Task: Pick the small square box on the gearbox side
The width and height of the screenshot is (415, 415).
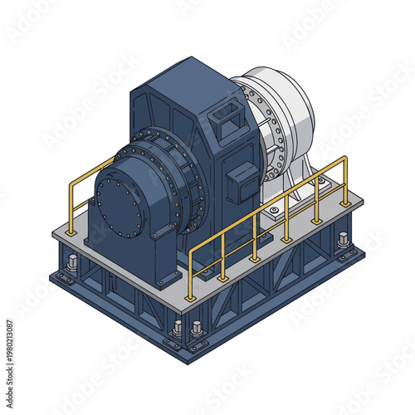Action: coord(243,181)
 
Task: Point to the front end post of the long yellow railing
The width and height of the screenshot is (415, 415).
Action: coord(191,274)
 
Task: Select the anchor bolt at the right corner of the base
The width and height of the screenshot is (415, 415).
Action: coord(343,242)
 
